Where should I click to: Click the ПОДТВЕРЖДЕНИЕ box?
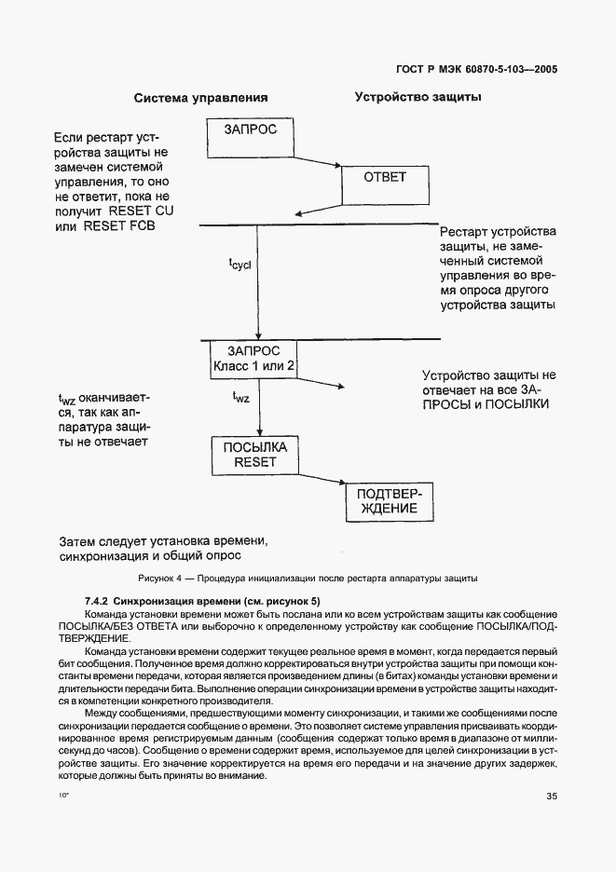(384, 500)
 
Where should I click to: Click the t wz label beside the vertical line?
(240, 398)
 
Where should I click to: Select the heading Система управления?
(200, 97)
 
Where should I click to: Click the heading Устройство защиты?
(417, 96)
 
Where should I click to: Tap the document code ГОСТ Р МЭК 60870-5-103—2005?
(477, 69)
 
